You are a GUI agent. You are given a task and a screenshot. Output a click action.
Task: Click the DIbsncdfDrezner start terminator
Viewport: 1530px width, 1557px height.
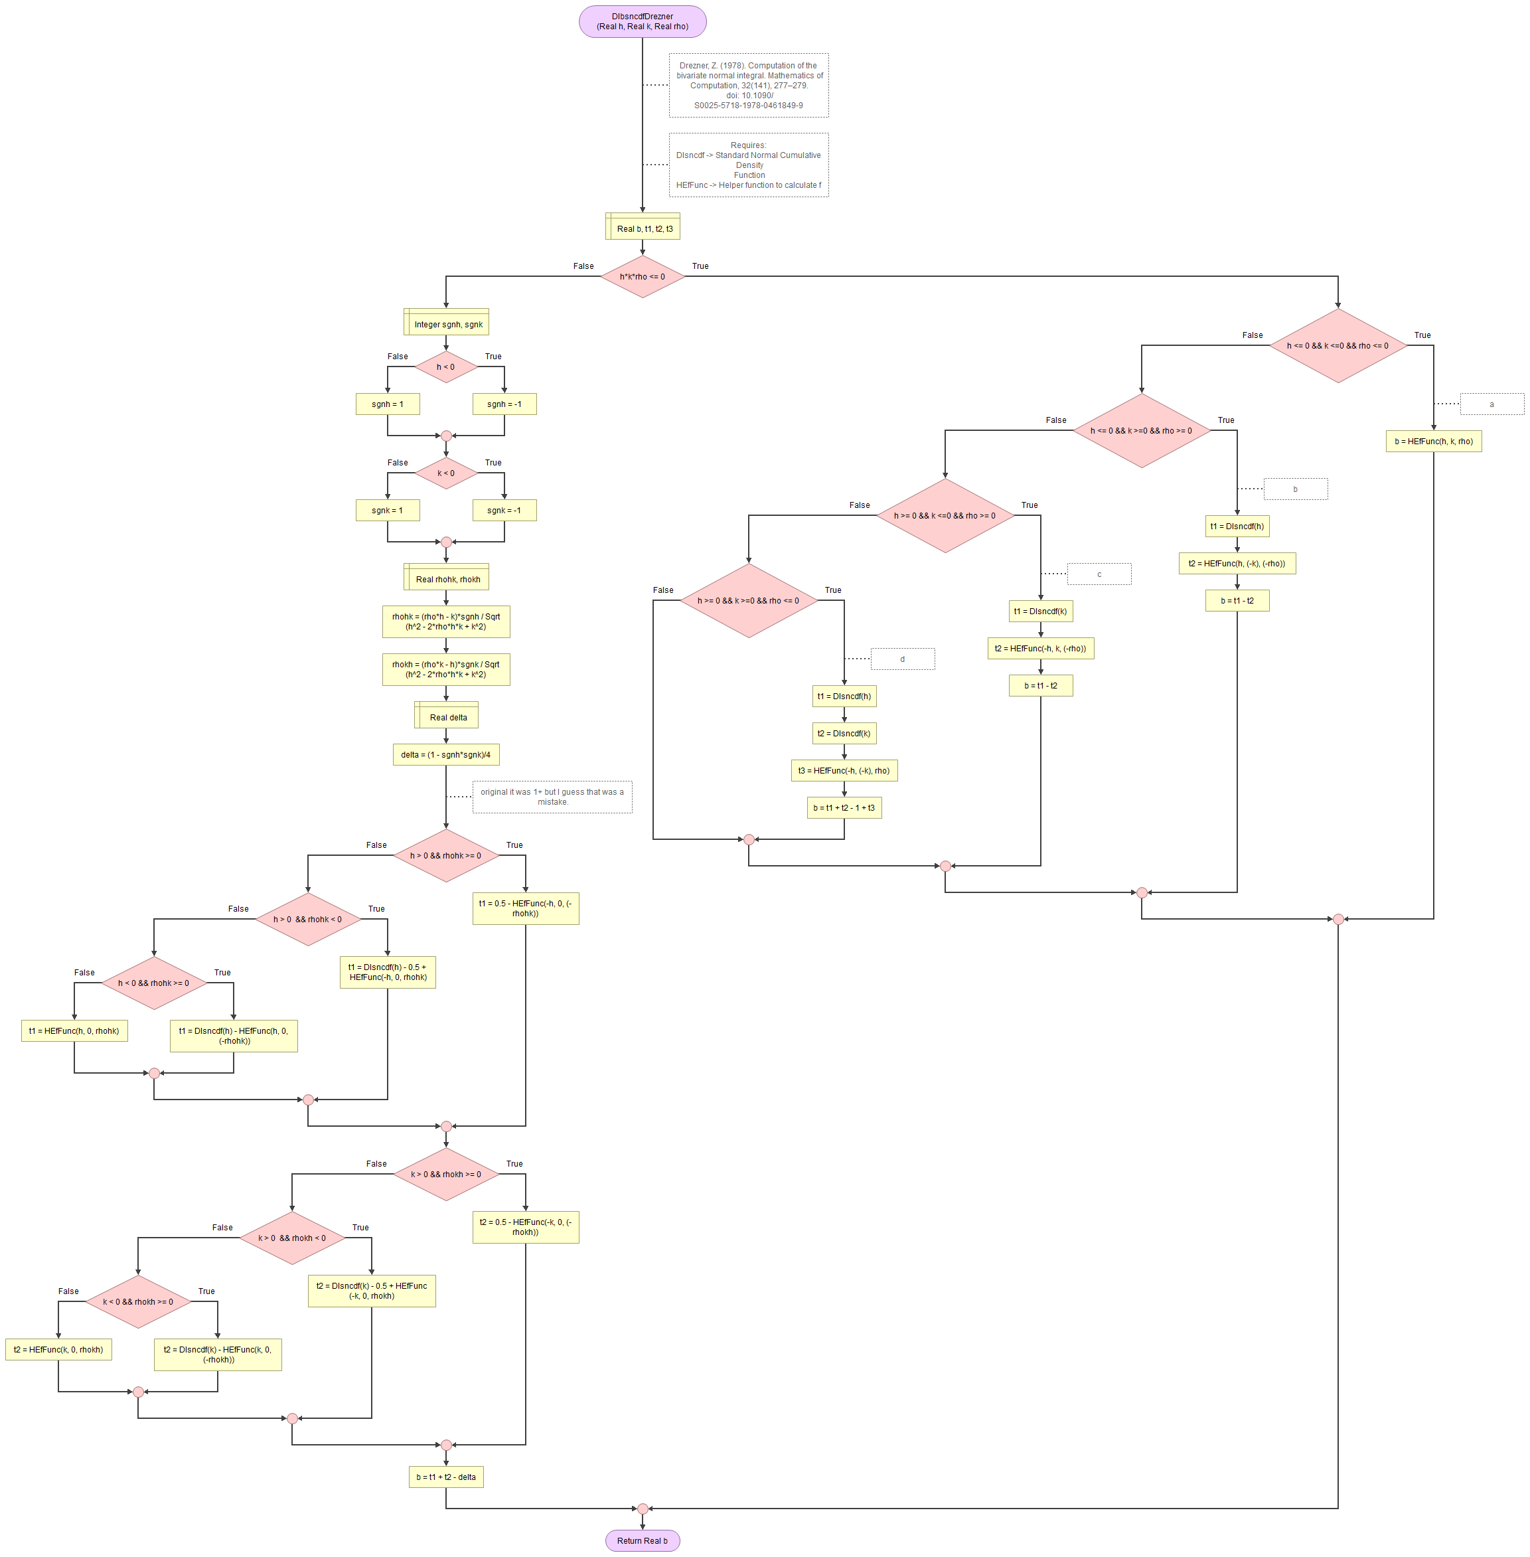pyautogui.click(x=642, y=22)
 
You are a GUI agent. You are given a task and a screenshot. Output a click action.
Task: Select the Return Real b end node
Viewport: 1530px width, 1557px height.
pyautogui.click(x=642, y=1540)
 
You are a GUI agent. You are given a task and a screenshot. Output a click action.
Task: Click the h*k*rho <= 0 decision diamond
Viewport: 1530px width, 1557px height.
pyautogui.click(x=642, y=276)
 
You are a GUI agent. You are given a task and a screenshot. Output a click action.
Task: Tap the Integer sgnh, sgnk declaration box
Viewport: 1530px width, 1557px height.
pyautogui.click(x=446, y=322)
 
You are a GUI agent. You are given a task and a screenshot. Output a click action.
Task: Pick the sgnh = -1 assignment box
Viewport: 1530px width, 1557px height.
pyautogui.click(x=504, y=404)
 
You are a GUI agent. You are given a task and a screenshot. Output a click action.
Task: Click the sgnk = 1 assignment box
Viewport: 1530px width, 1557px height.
pyautogui.click(x=388, y=511)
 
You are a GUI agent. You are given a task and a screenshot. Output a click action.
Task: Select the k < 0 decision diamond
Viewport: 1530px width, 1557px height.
pyautogui.click(x=446, y=473)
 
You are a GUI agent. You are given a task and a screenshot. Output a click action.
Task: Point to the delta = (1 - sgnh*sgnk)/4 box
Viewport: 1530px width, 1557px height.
pyautogui.click(x=446, y=755)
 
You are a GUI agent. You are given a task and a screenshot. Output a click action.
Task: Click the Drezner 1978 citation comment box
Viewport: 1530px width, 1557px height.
pyautogui.click(x=748, y=85)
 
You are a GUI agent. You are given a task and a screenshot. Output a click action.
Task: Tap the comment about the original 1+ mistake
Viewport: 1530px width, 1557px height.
pyautogui.click(x=552, y=797)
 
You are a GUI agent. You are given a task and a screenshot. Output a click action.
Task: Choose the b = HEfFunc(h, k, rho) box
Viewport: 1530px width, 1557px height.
pyautogui.click(x=1434, y=442)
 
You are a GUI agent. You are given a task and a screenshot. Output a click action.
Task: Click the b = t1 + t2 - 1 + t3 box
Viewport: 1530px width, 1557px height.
pyautogui.click(x=844, y=808)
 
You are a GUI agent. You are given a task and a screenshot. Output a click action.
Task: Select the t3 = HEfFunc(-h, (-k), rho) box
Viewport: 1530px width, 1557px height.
pyautogui.click(x=844, y=771)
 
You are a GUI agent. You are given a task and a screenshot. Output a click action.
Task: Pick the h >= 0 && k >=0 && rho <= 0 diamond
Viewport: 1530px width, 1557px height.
pyautogui.click(x=748, y=600)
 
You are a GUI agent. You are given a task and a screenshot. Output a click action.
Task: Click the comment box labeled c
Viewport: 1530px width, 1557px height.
pyautogui.click(x=1099, y=574)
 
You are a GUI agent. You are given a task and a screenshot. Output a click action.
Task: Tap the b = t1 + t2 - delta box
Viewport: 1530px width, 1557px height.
pyautogui.click(x=446, y=1477)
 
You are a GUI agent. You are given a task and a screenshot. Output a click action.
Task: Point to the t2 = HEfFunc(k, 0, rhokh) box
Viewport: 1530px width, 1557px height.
pyautogui.click(x=58, y=1350)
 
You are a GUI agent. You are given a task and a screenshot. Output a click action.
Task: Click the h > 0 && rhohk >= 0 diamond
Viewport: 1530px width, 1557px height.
pyautogui.click(x=446, y=855)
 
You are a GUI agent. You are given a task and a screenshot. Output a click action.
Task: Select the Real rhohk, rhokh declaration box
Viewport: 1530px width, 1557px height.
pyautogui.click(x=446, y=577)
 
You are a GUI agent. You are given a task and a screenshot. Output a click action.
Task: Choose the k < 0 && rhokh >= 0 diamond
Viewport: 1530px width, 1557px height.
pyautogui.click(x=138, y=1301)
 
